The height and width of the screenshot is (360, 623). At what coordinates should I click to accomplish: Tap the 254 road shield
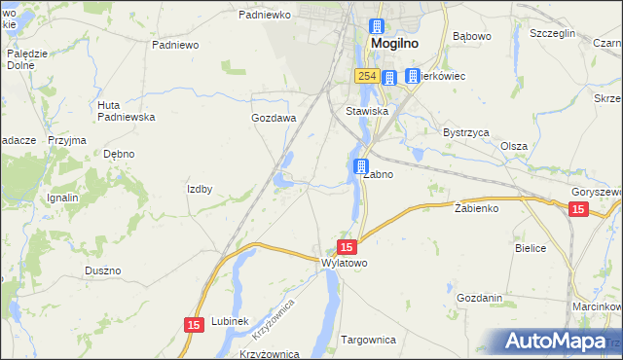[x=366, y=76]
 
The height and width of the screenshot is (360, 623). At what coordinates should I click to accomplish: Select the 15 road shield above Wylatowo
[x=347, y=248]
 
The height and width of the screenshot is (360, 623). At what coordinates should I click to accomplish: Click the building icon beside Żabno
[x=361, y=167]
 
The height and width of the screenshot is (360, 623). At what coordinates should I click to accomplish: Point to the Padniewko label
[x=265, y=16]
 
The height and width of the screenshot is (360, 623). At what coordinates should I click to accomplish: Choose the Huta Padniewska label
[x=127, y=111]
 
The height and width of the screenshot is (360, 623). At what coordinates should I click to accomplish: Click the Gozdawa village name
[x=273, y=118]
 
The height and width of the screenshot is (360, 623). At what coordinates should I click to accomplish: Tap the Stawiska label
[x=367, y=112]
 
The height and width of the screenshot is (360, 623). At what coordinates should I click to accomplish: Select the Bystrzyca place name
[x=465, y=131]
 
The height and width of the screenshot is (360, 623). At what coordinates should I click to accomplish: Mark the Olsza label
[x=513, y=146]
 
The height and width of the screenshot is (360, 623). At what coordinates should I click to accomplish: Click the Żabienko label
[x=477, y=208]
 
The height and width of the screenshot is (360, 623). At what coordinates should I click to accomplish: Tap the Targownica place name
[x=369, y=340]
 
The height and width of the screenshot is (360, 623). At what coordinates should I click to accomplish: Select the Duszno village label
[x=102, y=270]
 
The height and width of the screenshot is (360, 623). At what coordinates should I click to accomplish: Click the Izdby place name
[x=200, y=189]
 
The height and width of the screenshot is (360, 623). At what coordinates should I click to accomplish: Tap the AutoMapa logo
[x=559, y=341]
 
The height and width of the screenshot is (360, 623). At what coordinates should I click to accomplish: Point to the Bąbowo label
[x=473, y=37]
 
